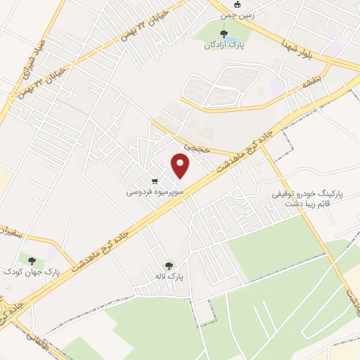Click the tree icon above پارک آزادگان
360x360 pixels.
click(x=224, y=33)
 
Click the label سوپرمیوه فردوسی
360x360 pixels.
click(x=155, y=191)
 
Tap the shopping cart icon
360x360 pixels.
click(x=154, y=179)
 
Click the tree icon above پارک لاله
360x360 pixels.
click(x=169, y=266)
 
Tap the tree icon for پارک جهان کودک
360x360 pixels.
click(x=32, y=259)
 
